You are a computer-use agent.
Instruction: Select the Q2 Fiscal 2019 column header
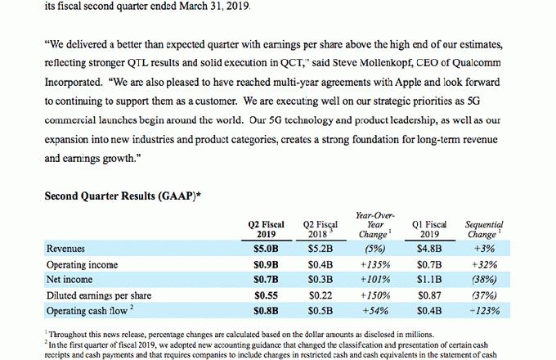[267, 228]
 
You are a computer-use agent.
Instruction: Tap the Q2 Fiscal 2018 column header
[321, 228]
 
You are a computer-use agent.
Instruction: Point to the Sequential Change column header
[484, 228]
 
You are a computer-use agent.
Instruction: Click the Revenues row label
[66, 249]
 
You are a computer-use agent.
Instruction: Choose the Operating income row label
[83, 264]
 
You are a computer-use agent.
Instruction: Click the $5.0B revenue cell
[267, 249]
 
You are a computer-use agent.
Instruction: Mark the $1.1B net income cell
[429, 280]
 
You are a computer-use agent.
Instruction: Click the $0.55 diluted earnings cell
[267, 295]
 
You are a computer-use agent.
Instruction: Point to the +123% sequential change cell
[484, 310]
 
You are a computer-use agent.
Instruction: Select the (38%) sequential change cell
[484, 280]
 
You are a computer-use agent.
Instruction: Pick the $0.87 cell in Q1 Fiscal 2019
[429, 295]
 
